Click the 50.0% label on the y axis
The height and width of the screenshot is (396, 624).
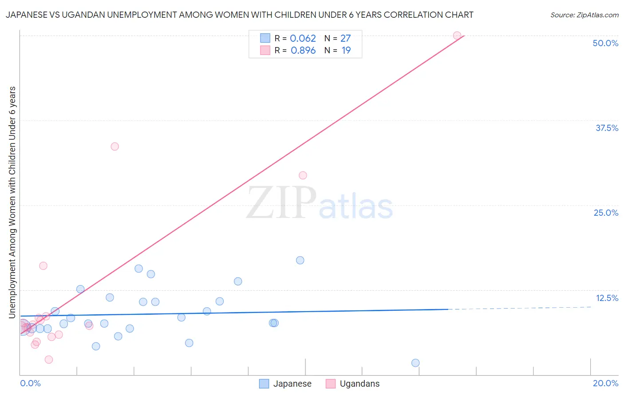pos(605,43)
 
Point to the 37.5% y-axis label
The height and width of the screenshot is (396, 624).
pos(607,128)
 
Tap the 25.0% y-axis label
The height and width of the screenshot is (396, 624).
pos(606,213)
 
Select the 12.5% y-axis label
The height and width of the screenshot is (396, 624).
pos(607,298)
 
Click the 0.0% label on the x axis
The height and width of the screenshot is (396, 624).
pos(30,383)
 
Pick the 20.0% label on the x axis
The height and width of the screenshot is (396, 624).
pos(605,383)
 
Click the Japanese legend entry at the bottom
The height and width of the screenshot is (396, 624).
pos(292,384)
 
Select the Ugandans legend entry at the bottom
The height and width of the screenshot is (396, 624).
pos(359,384)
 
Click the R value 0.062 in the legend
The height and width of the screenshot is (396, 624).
pos(303,39)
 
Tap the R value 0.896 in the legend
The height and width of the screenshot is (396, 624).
pos(303,51)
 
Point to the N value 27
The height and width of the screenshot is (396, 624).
pos(345,39)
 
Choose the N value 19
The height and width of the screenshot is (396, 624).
pos(346,51)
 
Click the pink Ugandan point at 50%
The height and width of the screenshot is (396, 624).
pos(457,36)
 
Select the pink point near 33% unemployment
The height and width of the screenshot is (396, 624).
pos(115,147)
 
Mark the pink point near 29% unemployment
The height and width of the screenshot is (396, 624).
pos(303,175)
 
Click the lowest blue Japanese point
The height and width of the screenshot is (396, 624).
pos(415,363)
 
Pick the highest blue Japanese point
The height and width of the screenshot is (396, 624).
pos(300,260)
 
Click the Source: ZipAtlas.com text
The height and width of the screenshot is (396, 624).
pos(584,15)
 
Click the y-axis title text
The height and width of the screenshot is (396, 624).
pos(12,202)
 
